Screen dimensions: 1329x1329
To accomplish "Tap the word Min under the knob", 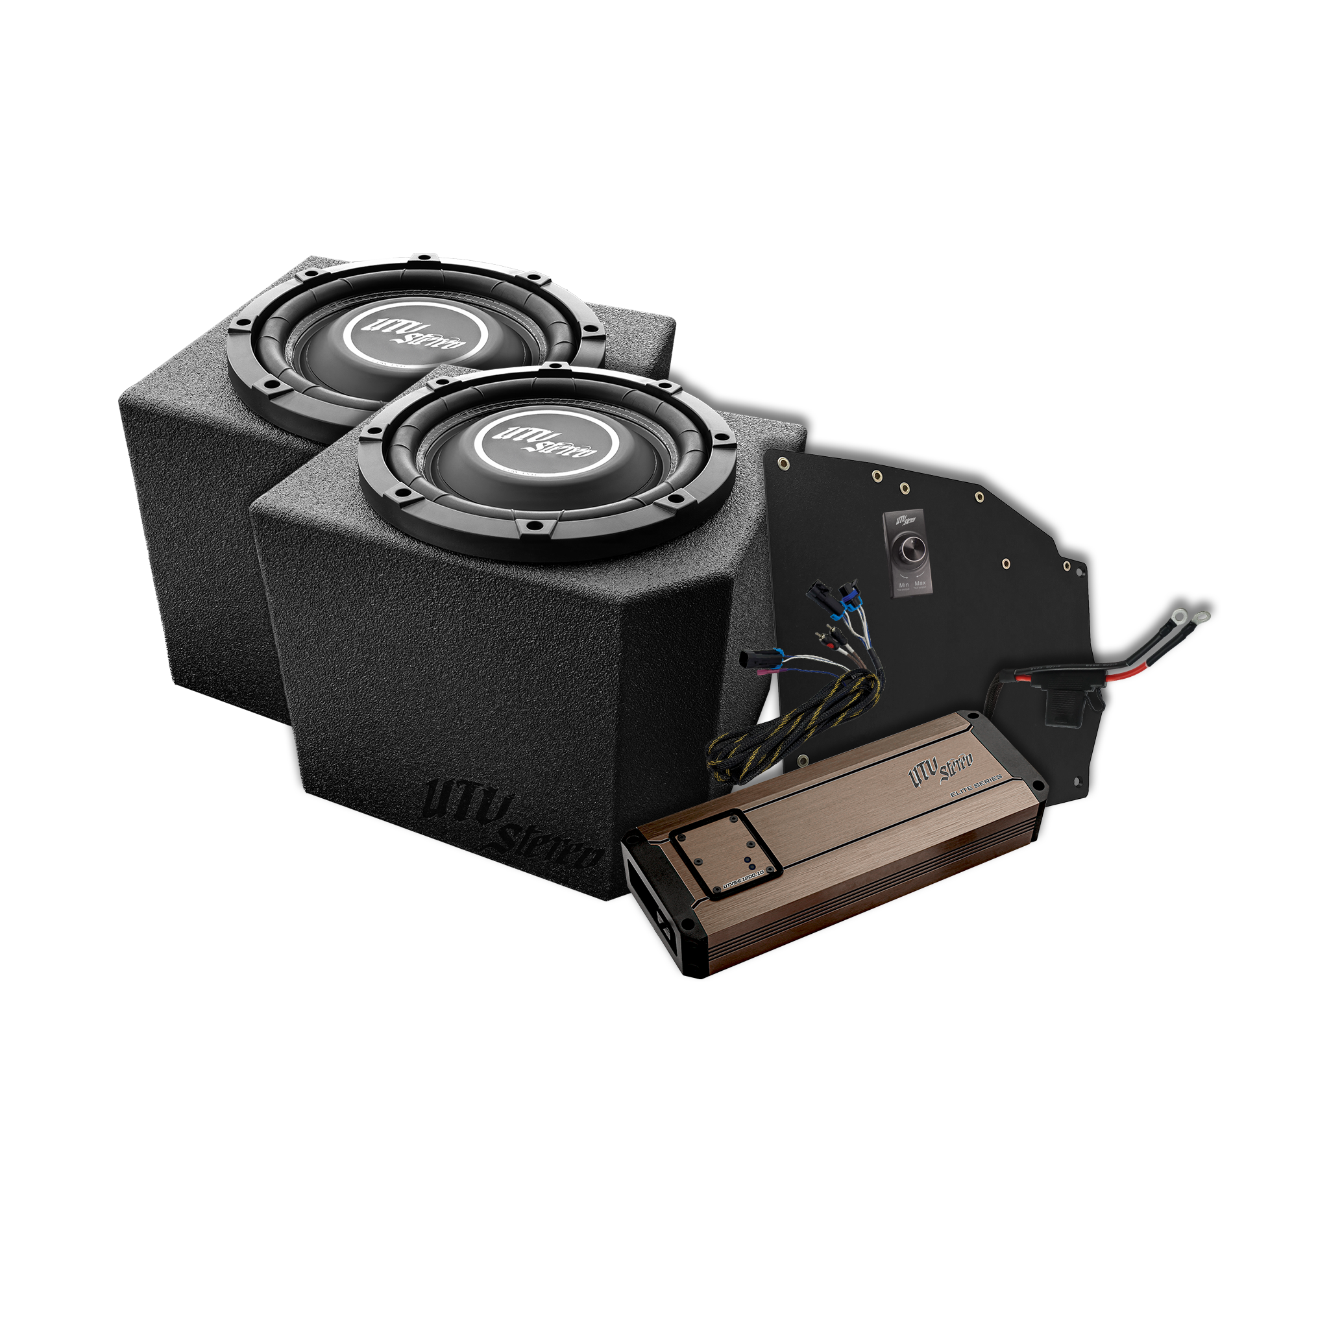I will [904, 584].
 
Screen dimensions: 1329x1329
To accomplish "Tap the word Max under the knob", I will [920, 584].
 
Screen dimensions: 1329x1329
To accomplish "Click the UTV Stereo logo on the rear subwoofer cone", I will [417, 337].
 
